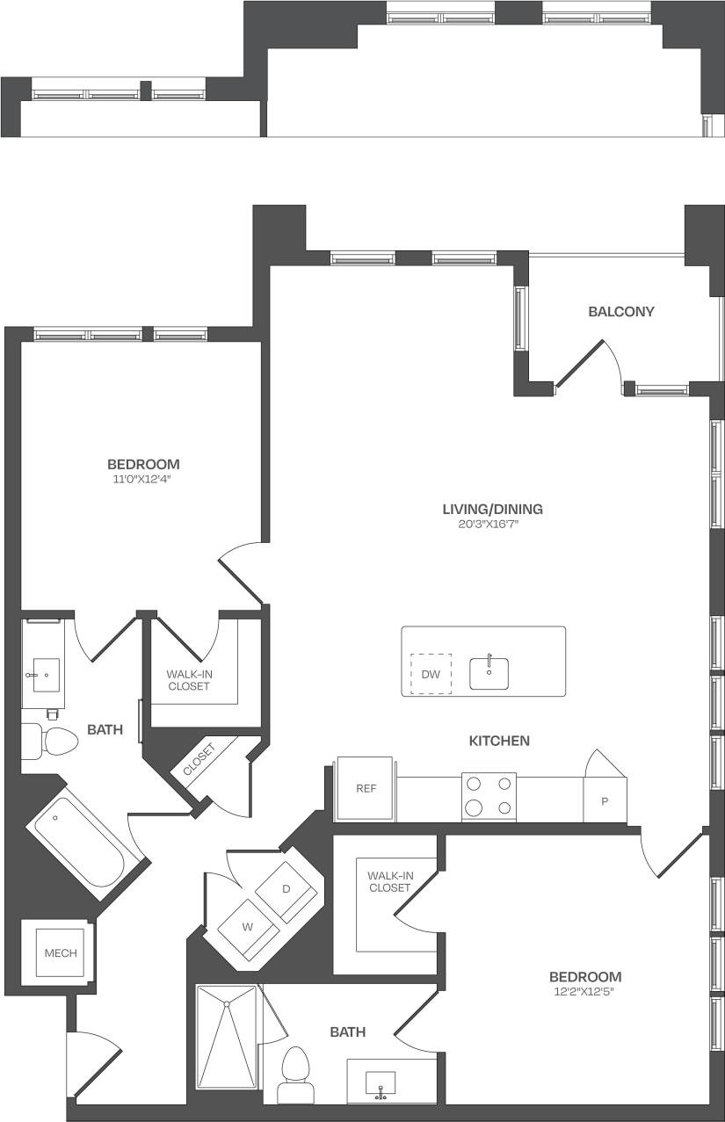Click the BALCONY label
tap(621, 311)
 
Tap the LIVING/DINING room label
tap(492, 509)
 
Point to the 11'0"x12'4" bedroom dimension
tap(143, 479)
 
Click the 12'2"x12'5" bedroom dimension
tap(584, 992)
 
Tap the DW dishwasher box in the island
tap(431, 674)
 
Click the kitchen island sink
tap(489, 672)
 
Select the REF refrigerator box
tap(366, 788)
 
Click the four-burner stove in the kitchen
tap(489, 796)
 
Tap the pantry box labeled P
tap(605, 801)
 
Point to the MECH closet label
tap(61, 952)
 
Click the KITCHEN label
tap(499, 741)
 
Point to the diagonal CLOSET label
tap(199, 760)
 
